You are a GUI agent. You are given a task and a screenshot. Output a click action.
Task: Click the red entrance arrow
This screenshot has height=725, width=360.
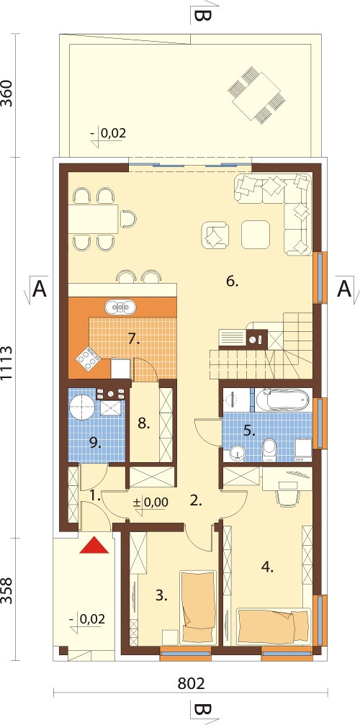coord(94,545)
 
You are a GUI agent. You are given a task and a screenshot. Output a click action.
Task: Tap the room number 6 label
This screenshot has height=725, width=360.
coord(232,281)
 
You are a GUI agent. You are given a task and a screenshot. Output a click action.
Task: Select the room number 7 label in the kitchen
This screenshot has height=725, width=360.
coord(133,339)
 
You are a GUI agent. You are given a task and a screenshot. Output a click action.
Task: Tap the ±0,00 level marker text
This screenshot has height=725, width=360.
coord(150,502)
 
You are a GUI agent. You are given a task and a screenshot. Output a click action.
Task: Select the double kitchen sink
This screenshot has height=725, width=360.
coord(120,306)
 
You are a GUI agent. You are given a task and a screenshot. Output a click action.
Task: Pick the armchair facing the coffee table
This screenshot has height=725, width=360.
coord(215,235)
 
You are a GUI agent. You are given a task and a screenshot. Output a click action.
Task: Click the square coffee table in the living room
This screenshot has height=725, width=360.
coord(256,235)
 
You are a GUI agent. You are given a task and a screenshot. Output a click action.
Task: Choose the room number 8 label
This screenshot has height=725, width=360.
coord(144,423)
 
